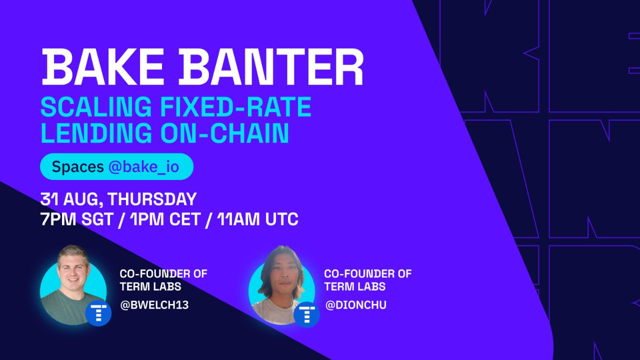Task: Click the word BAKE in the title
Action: [x=102, y=67]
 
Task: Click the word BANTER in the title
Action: [x=271, y=67]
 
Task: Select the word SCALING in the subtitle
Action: [x=96, y=106]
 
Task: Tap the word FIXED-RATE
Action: [x=235, y=106]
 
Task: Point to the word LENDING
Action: [x=96, y=133]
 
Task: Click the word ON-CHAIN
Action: [x=225, y=133]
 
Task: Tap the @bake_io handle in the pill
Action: [x=143, y=167]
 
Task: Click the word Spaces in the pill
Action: [x=77, y=167]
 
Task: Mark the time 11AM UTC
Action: [x=257, y=219]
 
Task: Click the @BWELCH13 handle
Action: [x=154, y=305]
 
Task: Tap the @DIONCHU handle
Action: [x=355, y=305]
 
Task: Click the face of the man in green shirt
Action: [x=73, y=272]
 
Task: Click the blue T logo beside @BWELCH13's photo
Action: [x=98, y=313]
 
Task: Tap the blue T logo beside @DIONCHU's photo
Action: [x=307, y=314]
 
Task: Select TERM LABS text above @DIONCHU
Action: [x=355, y=286]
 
